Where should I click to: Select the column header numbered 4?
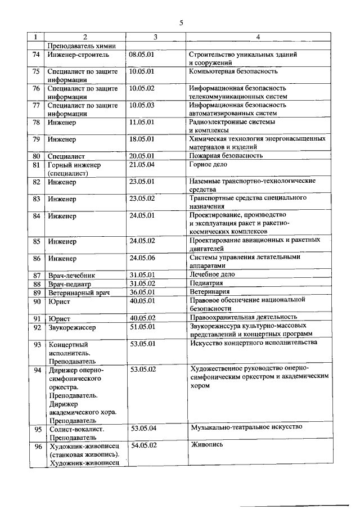[x=257, y=38]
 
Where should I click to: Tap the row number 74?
[x=36, y=56]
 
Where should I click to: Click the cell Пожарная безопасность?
[x=226, y=155]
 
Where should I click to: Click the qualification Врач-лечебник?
[x=71, y=275]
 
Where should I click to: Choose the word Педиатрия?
[x=209, y=283]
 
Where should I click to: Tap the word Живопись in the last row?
[x=207, y=444]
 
